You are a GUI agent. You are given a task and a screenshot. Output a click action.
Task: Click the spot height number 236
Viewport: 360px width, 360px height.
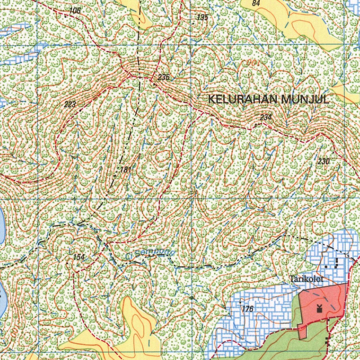[x=164, y=77]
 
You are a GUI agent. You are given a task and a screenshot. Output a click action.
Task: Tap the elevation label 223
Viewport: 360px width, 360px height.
[x=70, y=104]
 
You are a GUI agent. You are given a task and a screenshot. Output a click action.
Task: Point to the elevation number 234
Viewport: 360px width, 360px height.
[x=266, y=117]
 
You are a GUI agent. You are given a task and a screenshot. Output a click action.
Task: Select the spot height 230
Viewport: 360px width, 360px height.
[x=323, y=161]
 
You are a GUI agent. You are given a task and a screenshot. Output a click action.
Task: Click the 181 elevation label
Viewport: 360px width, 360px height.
[x=126, y=170]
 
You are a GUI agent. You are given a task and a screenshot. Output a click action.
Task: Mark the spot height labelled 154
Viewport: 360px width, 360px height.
[x=79, y=257]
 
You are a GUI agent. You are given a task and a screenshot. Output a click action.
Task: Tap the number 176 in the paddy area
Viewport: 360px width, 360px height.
[x=247, y=309]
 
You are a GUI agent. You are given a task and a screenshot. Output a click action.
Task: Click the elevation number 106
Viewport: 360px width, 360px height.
[x=75, y=11]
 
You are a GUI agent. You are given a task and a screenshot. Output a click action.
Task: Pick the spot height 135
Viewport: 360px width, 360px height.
[x=202, y=18]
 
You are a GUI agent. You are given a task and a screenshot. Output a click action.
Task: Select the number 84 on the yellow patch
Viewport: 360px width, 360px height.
[x=256, y=4]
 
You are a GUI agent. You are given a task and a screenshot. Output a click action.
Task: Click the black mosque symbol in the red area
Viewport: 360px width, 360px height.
[x=320, y=309]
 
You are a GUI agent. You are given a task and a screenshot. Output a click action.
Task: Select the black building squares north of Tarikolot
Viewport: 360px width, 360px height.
[x=333, y=263]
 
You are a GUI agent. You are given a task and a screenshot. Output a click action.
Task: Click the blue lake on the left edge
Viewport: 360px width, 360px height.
[x=2, y=229]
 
